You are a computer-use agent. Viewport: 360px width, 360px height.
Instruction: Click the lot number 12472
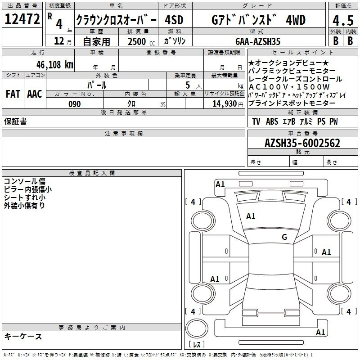click(22, 19)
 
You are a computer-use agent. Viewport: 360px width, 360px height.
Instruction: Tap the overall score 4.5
click(343, 20)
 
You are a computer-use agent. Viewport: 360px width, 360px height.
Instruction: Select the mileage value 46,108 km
click(55, 65)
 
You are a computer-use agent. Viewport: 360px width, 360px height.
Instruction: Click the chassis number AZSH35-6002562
click(302, 143)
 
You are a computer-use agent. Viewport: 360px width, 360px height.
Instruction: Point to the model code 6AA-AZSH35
click(258, 41)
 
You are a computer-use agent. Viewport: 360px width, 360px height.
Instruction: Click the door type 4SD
click(174, 20)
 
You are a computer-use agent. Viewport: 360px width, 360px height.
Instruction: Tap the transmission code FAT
click(13, 94)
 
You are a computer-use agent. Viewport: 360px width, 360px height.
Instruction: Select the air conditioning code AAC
click(35, 94)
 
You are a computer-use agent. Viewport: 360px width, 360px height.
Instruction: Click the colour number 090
click(75, 104)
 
